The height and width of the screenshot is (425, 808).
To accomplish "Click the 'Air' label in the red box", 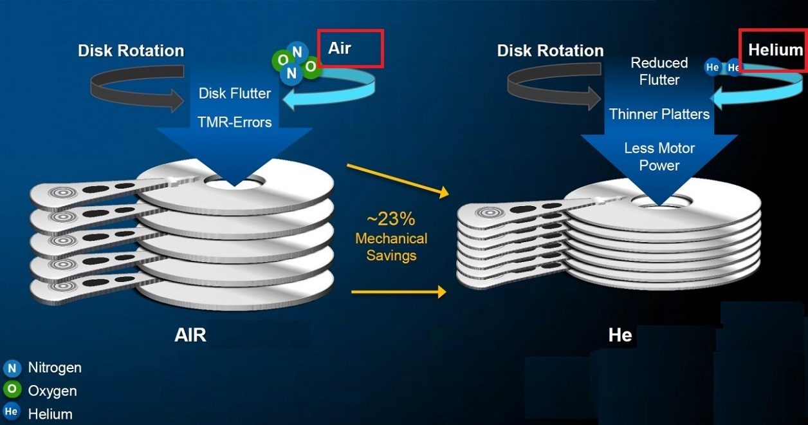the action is tap(340, 48).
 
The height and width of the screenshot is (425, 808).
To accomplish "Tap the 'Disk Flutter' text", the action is tap(234, 93).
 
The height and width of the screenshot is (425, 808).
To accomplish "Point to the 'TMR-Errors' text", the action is tap(234, 122).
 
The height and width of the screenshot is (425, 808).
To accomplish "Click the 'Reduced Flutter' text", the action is tap(659, 71).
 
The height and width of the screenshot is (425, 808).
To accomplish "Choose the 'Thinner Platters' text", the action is tap(659, 114).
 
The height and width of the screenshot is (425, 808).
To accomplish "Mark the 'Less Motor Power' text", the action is tap(659, 156).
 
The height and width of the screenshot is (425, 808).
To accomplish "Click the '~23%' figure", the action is tap(390, 219).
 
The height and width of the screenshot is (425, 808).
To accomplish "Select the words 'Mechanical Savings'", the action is tap(391, 247).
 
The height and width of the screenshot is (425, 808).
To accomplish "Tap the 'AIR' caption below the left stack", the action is tap(190, 335).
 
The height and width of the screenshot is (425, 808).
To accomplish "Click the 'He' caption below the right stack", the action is tap(620, 335).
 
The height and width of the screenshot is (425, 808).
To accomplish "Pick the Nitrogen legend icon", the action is tap(12, 368).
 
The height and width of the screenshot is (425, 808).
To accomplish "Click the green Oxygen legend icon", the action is tap(12, 389).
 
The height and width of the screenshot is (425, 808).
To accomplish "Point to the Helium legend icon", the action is tap(12, 411).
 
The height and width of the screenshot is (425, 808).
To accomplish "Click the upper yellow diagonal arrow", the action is tap(398, 180).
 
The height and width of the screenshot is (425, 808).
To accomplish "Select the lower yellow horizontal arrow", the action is tap(399, 292).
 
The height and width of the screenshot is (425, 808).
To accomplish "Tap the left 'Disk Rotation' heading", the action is tap(131, 51).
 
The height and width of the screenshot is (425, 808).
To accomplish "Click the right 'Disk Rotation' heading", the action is tap(550, 51).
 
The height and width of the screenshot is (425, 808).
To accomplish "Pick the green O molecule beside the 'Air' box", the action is tap(310, 67).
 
